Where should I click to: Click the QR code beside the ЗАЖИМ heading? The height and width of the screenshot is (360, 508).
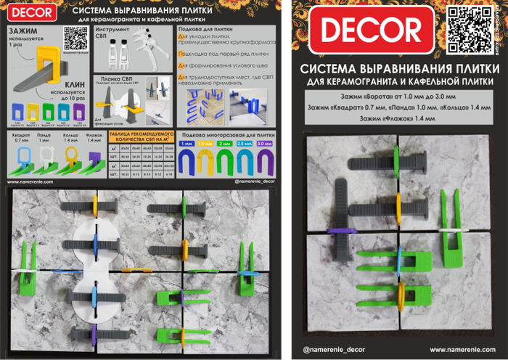coord(72,37)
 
